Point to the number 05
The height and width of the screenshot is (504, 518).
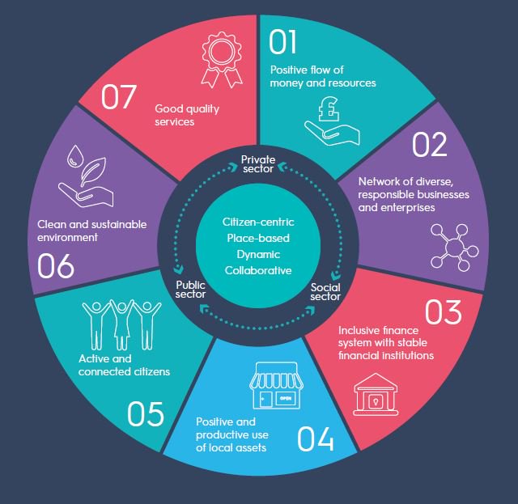(146, 414)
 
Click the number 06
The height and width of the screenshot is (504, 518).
(56, 265)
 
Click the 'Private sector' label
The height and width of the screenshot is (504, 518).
(257, 162)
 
